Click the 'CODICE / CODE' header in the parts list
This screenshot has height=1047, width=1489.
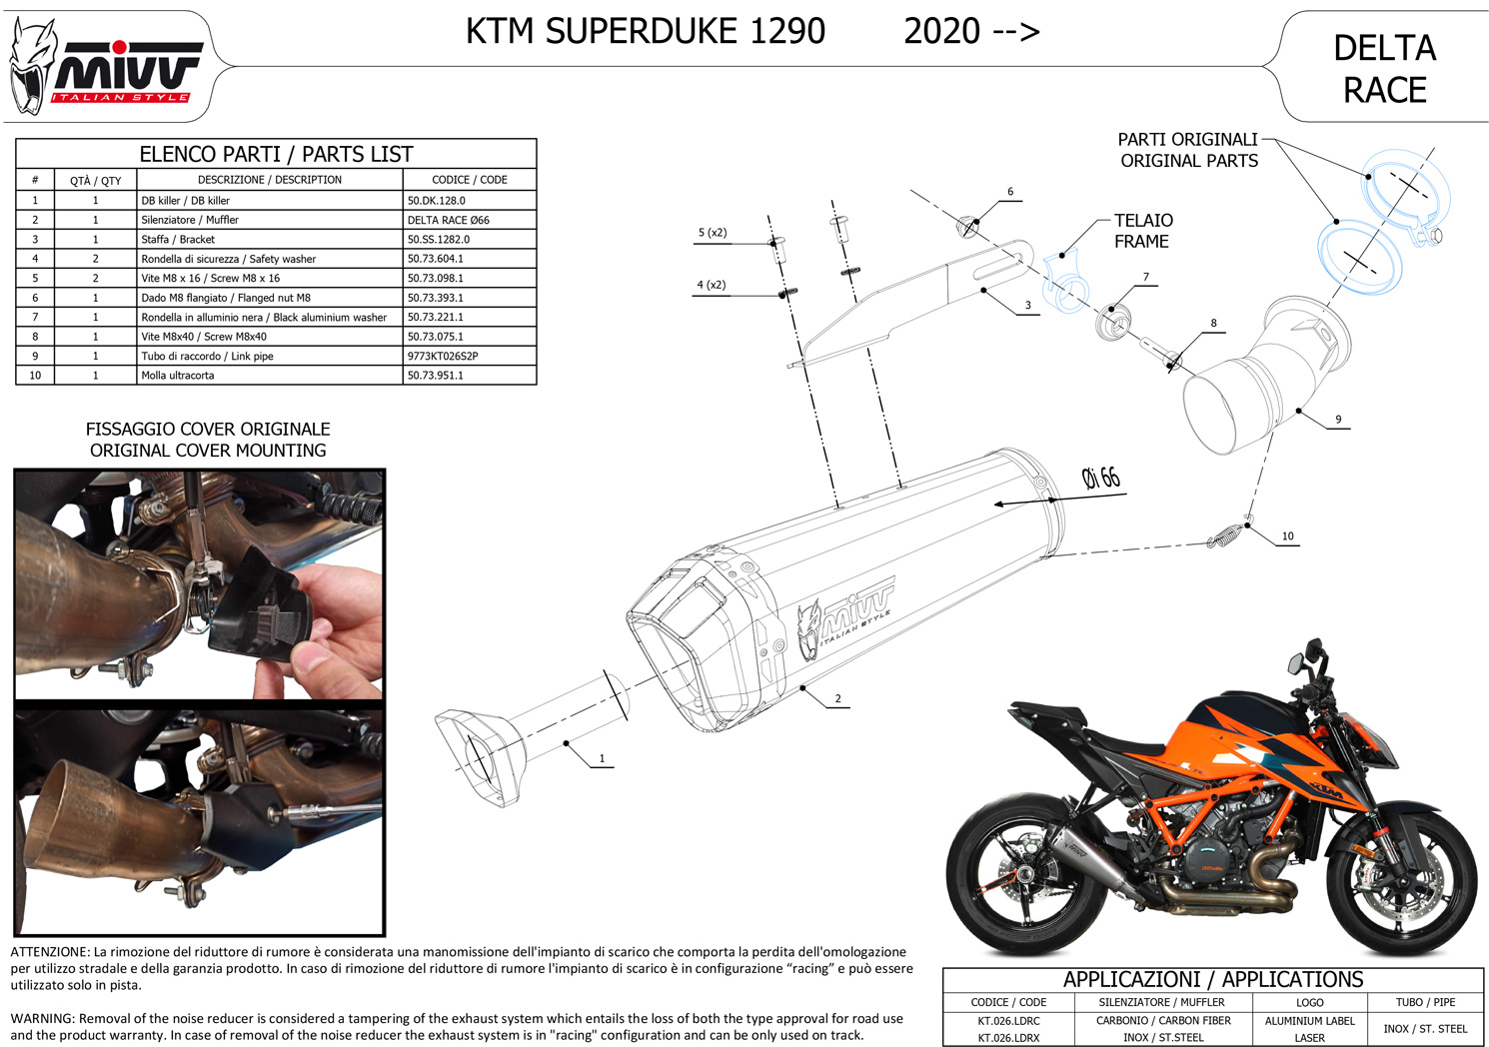[x=470, y=180]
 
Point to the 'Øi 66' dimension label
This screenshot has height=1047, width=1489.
[x=1101, y=478]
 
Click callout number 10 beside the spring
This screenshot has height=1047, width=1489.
[x=1287, y=536]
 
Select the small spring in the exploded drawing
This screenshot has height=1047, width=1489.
[x=1226, y=534]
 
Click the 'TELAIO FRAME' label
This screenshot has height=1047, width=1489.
[x=1143, y=231]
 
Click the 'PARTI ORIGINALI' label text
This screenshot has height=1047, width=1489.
[x=1187, y=140]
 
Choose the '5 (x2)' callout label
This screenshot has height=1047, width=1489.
[x=713, y=233]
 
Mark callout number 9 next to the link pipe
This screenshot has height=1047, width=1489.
[x=1338, y=420]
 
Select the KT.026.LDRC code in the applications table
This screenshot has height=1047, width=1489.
[x=1008, y=1021]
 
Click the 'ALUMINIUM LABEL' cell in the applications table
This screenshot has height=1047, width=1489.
[x=1309, y=1021]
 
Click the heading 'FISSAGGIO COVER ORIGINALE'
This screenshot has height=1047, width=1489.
[x=208, y=430]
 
